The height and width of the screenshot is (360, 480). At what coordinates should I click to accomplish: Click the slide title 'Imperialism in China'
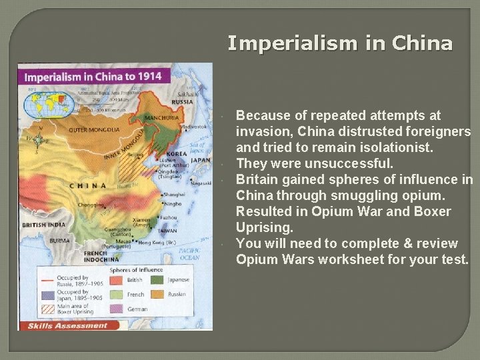coord(340,43)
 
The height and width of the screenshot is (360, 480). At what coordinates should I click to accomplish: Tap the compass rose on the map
coord(39,139)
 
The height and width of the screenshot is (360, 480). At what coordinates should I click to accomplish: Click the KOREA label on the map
coord(177,153)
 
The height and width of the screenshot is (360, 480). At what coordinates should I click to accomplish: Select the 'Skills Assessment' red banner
coord(67,326)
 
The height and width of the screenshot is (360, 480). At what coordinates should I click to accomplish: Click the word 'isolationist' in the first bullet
coord(393,147)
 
